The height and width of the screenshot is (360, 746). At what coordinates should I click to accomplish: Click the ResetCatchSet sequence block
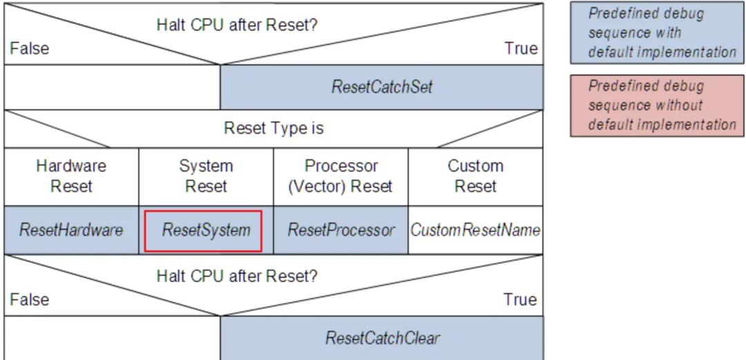(x=381, y=87)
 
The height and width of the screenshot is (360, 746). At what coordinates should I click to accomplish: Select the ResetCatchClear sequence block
(x=381, y=338)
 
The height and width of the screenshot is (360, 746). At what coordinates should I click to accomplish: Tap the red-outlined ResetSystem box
(x=203, y=231)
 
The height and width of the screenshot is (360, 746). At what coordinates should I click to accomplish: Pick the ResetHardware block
(x=71, y=230)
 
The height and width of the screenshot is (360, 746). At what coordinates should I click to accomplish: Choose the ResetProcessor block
(x=341, y=230)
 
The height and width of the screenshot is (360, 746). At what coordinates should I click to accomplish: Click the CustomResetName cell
(x=475, y=230)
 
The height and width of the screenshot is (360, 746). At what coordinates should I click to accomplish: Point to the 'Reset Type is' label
(x=274, y=128)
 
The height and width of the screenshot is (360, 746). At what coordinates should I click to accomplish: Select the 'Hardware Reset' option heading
(x=71, y=176)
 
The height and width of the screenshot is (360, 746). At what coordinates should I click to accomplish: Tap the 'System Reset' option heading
(x=206, y=176)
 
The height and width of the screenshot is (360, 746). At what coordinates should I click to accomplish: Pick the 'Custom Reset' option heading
(x=475, y=176)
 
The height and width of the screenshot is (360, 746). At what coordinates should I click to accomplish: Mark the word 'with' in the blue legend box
(x=670, y=32)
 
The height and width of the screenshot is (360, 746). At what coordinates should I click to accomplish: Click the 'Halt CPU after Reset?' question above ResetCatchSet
(x=236, y=25)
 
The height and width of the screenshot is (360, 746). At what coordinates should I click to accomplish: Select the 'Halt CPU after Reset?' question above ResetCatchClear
(x=236, y=276)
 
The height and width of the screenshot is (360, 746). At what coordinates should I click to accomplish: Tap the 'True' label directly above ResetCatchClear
(x=521, y=299)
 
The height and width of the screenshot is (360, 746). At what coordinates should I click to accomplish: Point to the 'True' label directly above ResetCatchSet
(x=521, y=48)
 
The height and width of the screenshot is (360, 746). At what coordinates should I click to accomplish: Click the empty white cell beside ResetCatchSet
(x=113, y=87)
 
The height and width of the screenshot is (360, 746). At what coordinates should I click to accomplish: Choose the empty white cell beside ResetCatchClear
(x=113, y=338)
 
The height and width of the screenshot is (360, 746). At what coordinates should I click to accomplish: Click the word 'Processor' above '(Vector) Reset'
(x=341, y=167)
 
